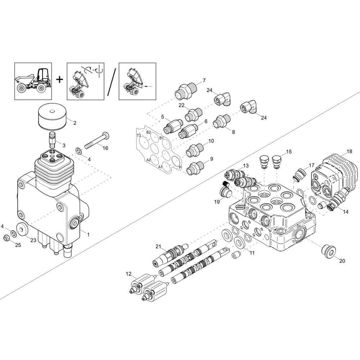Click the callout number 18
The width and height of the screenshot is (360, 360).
349,151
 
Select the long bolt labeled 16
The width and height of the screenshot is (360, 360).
97,140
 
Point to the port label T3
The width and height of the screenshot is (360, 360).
139,135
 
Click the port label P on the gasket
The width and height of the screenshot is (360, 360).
180,168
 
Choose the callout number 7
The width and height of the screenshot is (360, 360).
204,80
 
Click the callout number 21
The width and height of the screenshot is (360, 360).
158,247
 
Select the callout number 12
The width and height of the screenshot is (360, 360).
129,274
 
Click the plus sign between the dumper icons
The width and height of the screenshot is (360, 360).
60,80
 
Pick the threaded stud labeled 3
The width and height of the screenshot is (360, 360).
53,140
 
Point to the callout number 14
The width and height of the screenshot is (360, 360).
346,212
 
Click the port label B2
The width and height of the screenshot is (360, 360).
149,132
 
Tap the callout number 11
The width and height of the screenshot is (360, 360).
252,253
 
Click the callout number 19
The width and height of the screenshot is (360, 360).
217,202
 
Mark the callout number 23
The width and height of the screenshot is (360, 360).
33,240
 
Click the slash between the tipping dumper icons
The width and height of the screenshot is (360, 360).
112,82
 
